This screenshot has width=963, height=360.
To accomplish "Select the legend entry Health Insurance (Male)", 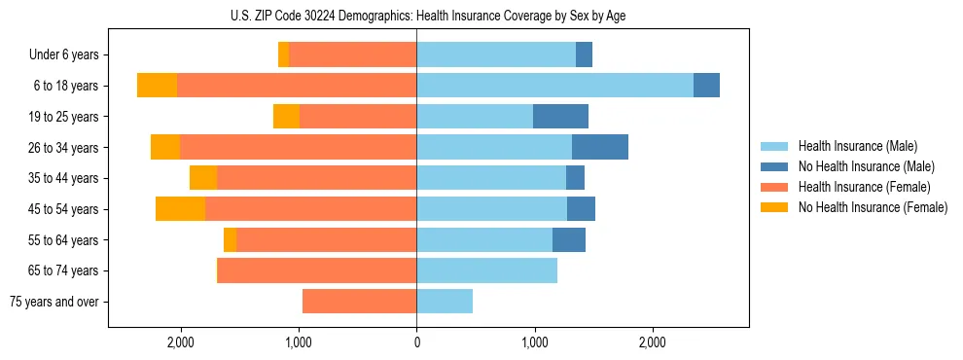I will click(857, 146).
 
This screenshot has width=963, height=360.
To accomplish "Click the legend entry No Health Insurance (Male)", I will click(866, 166).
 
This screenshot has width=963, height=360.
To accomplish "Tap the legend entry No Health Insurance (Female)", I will click(872, 207).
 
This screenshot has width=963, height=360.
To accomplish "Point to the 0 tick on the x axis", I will click(416, 342).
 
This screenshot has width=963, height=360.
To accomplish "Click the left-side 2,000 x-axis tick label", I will click(181, 342).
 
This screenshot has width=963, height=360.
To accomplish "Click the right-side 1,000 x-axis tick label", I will click(534, 342).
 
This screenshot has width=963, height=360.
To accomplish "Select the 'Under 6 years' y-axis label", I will click(63, 55).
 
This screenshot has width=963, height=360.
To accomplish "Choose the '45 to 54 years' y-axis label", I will click(63, 209).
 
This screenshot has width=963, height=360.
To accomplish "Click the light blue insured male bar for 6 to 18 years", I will click(554, 86).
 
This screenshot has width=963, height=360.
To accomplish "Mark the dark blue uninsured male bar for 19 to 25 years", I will click(560, 117).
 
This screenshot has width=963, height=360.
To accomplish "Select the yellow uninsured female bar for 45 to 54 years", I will click(180, 209).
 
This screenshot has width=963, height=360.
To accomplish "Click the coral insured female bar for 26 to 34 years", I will click(298, 147).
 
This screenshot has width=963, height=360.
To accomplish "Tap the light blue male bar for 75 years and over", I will click(445, 302).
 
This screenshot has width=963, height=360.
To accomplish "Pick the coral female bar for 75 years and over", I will click(359, 302).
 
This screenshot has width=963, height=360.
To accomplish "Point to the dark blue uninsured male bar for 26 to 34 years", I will click(600, 147).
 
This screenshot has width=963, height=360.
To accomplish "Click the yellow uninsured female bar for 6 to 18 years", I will click(157, 86).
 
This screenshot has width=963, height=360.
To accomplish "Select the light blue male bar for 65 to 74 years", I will click(486, 270).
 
